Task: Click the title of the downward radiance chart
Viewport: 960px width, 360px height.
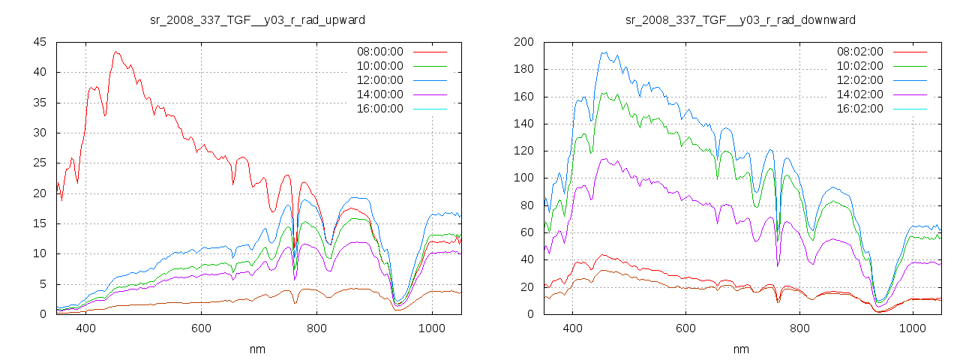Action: coord(740,19)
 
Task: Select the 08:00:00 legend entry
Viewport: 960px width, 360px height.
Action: coord(379,52)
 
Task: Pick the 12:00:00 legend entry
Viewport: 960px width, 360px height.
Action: coord(379,80)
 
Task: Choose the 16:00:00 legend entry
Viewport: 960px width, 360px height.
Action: coord(379,109)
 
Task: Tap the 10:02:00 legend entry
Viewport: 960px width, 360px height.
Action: coord(859,66)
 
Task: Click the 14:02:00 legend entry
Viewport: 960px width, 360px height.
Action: coord(859,94)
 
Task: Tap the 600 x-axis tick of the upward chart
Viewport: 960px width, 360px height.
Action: coord(201,328)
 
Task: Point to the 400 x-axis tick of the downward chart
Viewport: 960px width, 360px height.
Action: coord(572,328)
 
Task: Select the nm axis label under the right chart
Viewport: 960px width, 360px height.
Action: coord(740,349)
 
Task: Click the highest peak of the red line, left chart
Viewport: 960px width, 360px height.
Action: coord(115,52)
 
